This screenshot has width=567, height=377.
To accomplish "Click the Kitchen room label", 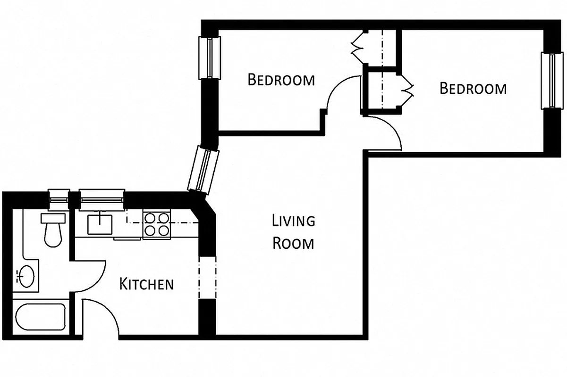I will (146, 284).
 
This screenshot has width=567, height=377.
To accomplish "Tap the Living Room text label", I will (293, 231).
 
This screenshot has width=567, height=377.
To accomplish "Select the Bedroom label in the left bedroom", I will (281, 79).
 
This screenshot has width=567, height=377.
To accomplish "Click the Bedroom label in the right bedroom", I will (473, 88).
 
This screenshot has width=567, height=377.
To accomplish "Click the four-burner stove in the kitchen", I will (157, 224).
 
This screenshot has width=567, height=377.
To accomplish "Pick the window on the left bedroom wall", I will (209, 57).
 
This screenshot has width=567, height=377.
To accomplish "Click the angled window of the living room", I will (203, 169).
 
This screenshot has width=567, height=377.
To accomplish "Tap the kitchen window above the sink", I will (101, 198).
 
